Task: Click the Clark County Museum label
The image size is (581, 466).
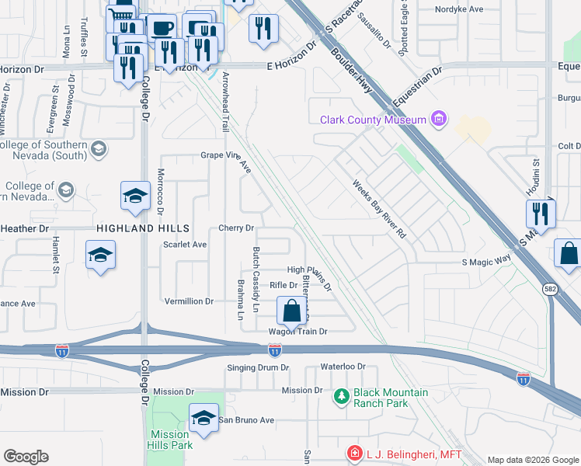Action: point(374,119)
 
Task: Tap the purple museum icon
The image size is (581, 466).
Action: point(439,119)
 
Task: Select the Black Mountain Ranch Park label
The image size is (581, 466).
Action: point(391,398)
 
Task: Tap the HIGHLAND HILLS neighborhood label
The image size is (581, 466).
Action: point(143,228)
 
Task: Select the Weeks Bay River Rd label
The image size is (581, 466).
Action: point(379,209)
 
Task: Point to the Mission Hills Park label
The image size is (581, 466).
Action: point(170,440)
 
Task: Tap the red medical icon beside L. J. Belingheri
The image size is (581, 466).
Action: point(354,452)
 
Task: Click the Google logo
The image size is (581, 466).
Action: point(26,457)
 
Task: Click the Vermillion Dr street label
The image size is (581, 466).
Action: point(188,301)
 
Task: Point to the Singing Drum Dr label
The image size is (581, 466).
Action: point(258,367)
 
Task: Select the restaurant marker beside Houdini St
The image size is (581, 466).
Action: point(541,214)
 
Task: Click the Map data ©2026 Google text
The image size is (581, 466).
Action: point(532,460)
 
